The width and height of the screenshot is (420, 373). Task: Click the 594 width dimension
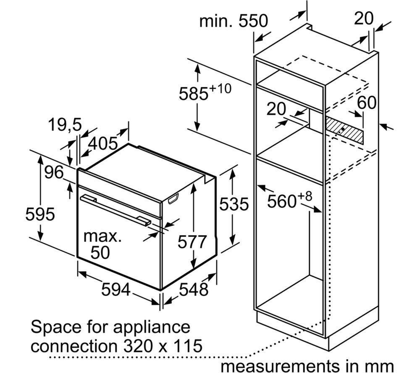tap(116, 290)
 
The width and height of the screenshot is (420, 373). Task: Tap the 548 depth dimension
tap(194, 289)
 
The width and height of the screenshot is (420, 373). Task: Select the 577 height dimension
tap(192, 242)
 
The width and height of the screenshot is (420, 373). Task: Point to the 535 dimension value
tap(234, 204)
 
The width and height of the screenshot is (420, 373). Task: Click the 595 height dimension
tap(40, 214)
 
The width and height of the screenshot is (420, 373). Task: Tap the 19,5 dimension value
tap(65, 124)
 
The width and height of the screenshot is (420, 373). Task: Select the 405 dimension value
tap(103, 143)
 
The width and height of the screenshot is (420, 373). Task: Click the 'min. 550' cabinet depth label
tap(234, 21)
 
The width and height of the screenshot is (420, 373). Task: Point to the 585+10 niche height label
tap(205, 92)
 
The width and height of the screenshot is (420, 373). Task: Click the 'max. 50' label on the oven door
tap(102, 244)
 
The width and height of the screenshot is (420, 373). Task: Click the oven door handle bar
tap(115, 209)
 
